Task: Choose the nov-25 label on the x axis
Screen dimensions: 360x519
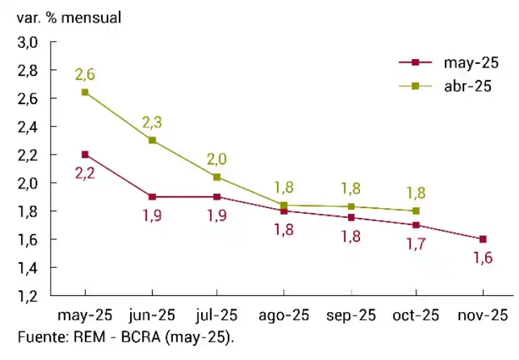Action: (x=482, y=315)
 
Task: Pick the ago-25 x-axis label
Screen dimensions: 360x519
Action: (x=283, y=315)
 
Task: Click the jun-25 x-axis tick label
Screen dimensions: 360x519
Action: (x=152, y=315)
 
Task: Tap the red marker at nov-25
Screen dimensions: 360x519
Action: (x=482, y=239)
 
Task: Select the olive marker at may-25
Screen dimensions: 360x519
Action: (x=85, y=92)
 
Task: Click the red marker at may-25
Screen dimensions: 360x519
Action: (x=85, y=155)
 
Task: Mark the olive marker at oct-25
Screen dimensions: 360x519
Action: (x=416, y=211)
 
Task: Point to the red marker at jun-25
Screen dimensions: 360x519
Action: (x=152, y=197)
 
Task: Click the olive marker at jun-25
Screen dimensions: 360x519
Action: (x=152, y=141)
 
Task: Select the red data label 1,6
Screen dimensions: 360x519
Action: (x=482, y=258)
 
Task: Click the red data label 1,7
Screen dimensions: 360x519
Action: (x=416, y=244)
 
